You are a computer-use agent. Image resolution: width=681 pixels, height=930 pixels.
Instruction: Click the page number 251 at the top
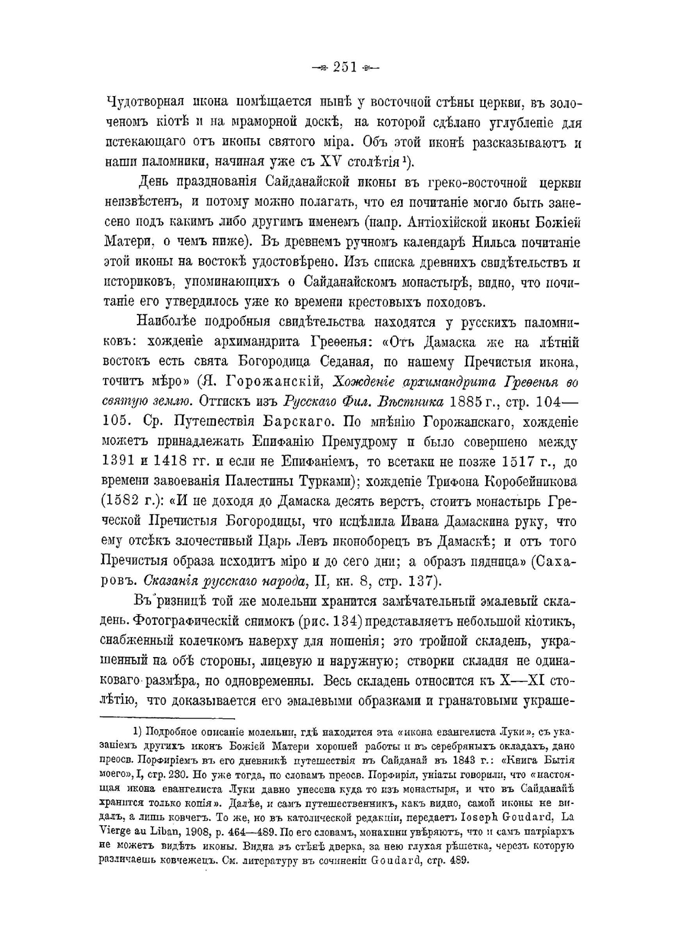345,67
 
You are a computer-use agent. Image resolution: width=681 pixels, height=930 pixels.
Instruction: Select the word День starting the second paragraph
159,182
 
